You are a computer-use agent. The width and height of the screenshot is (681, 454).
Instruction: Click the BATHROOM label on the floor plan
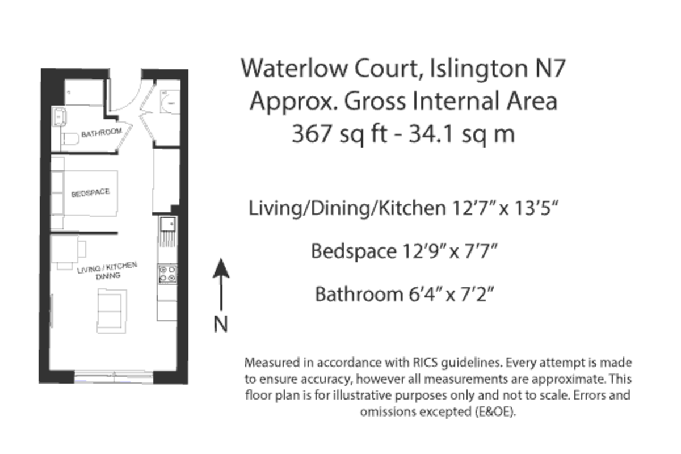point(102,134)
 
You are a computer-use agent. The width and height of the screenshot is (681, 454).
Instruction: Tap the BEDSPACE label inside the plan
point(90,194)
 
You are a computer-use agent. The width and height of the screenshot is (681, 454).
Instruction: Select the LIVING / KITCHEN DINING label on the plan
point(107,271)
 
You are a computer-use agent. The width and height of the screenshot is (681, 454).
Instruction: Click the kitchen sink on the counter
point(167,225)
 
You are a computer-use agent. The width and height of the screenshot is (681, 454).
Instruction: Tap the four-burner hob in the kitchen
point(167,274)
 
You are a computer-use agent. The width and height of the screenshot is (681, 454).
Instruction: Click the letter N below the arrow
point(221,324)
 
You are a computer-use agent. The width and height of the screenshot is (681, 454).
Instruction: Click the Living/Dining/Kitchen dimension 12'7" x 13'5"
point(501,208)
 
